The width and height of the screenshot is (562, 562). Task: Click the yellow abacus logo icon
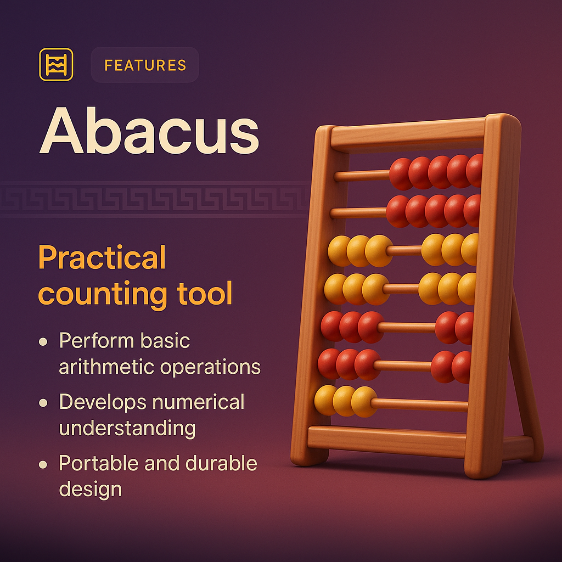[x=56, y=65]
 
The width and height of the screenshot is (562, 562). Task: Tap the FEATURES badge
[x=145, y=65]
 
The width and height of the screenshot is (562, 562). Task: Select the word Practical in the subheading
[x=102, y=258]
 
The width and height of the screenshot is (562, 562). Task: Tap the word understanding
[x=127, y=428]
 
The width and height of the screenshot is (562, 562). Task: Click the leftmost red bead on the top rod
[x=401, y=173]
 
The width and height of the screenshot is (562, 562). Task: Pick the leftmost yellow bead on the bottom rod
[x=326, y=400]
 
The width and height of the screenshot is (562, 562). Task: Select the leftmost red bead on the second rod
[x=398, y=211]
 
